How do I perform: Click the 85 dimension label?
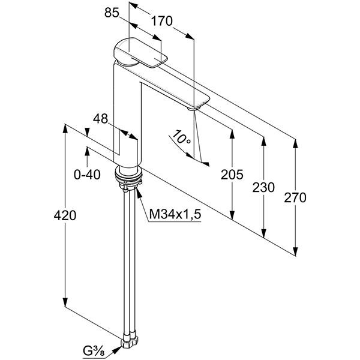click(x=112, y=13)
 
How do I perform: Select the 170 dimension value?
click(x=161, y=21)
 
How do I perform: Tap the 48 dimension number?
click(x=100, y=119)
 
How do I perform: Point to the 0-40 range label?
click(x=87, y=175)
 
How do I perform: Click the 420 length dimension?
click(x=65, y=215)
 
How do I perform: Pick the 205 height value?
click(x=232, y=175)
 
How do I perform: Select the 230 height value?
click(x=263, y=187)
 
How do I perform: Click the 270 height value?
click(x=295, y=197)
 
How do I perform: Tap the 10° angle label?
click(x=181, y=137)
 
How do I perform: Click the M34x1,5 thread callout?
click(x=175, y=214)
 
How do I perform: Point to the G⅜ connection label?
click(x=94, y=351)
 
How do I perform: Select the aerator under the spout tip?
click(x=194, y=108)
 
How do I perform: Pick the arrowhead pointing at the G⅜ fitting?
click(x=117, y=350)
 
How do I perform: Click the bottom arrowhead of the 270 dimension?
click(x=295, y=251)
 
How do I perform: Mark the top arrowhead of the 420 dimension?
click(x=65, y=128)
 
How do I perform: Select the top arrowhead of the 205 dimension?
click(x=232, y=134)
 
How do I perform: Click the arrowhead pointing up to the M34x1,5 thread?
click(x=139, y=193)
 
